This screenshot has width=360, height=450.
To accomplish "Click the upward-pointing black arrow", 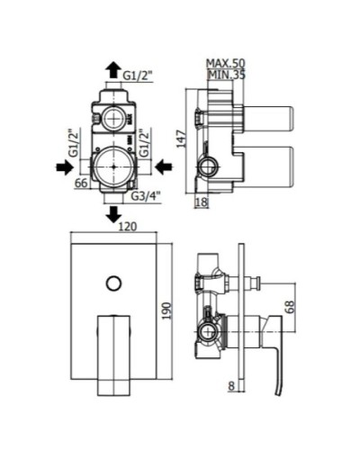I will tap(112, 69).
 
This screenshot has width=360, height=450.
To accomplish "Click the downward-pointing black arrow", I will tap(112, 213).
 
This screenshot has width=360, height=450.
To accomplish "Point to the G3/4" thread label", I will tap(147, 195).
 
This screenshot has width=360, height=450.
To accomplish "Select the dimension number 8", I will tap(231, 387).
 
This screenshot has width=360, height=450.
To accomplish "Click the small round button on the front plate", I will tap(112, 285).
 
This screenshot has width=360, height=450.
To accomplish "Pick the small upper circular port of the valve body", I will tap(112, 117).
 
